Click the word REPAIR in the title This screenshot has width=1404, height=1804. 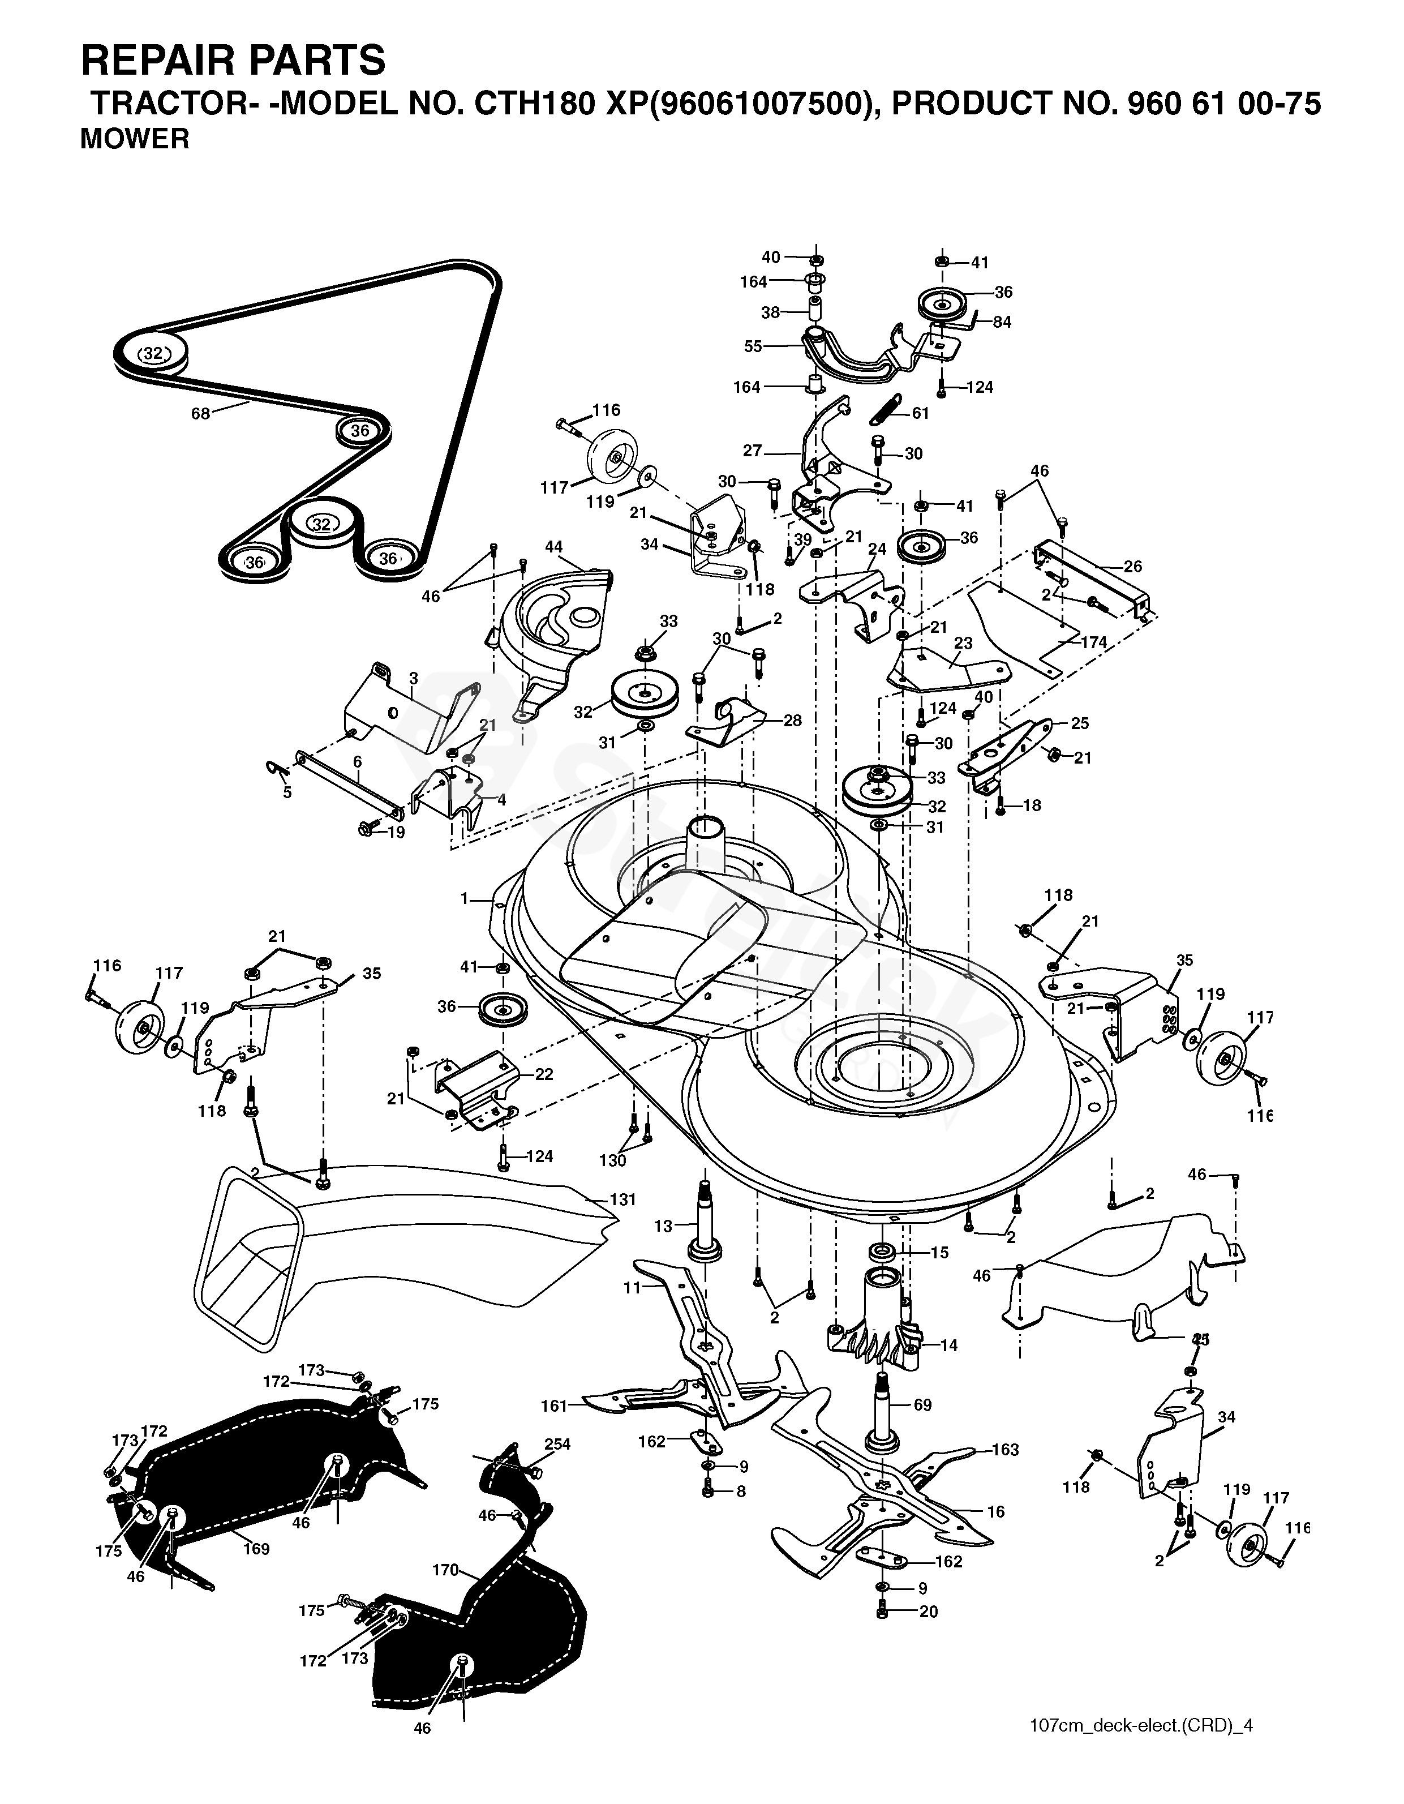(173, 61)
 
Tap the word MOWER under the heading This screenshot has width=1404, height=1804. (135, 139)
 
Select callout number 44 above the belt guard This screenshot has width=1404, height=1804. (554, 547)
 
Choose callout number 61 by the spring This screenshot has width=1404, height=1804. (920, 413)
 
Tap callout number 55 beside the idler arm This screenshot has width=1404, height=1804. (753, 347)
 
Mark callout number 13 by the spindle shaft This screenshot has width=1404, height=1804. (664, 1227)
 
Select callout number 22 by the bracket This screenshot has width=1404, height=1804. (544, 1074)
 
